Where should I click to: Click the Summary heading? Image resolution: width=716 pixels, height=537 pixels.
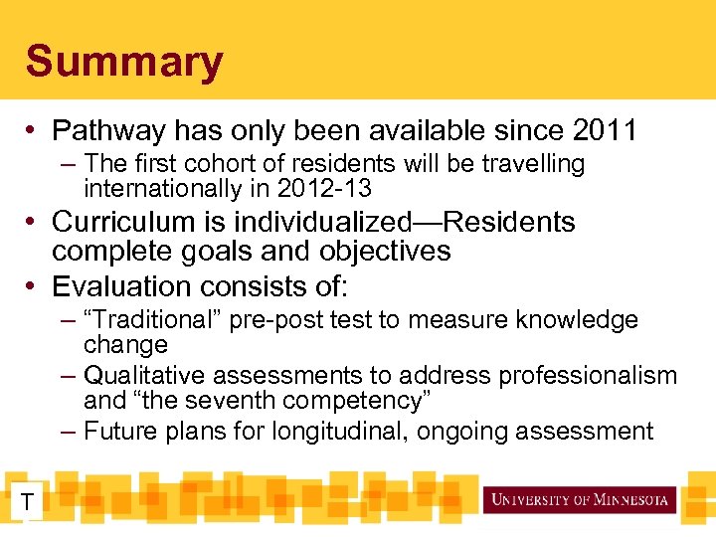124,62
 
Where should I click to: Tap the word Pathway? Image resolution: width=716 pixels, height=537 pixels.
110,130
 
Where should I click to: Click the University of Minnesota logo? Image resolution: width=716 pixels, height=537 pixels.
579,499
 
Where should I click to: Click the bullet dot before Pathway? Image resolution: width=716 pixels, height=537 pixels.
34,130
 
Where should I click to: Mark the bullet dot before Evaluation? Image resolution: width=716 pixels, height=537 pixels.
34,286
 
